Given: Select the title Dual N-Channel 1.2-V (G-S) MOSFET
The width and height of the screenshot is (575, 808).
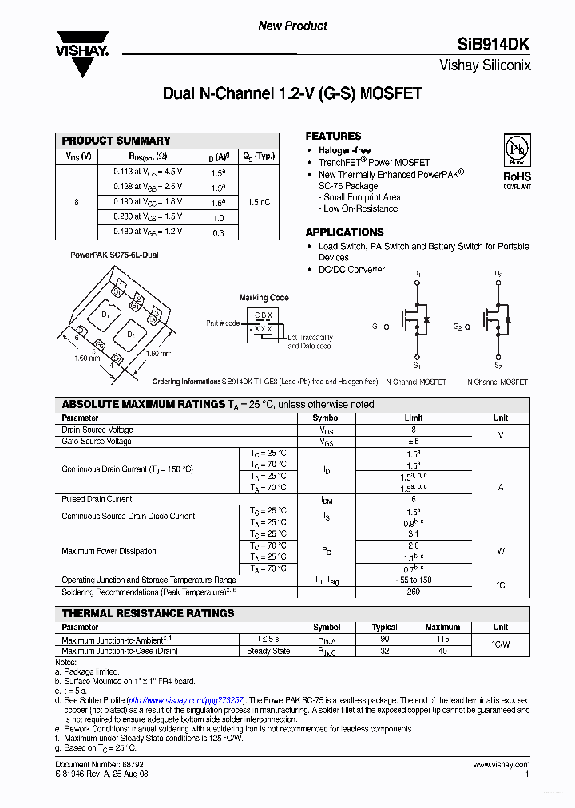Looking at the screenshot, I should [x=292, y=94].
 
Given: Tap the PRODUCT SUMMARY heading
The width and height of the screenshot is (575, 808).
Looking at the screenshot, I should [x=117, y=141].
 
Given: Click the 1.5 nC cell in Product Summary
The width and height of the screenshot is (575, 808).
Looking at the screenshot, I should [x=259, y=203].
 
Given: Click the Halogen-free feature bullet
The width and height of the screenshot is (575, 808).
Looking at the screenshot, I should [x=344, y=151].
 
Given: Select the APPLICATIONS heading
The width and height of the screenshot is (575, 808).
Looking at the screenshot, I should [x=345, y=232].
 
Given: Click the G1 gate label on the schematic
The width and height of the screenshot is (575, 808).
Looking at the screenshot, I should [x=376, y=327].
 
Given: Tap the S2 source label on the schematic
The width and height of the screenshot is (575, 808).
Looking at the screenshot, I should [x=497, y=366].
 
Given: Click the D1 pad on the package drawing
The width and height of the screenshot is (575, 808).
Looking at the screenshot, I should [x=105, y=315].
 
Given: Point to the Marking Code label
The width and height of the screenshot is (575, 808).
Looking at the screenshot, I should [x=264, y=298].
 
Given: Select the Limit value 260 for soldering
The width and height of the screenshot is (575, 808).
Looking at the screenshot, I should [x=413, y=592].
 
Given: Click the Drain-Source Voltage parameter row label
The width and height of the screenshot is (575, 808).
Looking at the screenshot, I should [x=97, y=430].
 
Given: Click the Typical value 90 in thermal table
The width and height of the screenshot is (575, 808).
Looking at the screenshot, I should [x=384, y=639].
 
